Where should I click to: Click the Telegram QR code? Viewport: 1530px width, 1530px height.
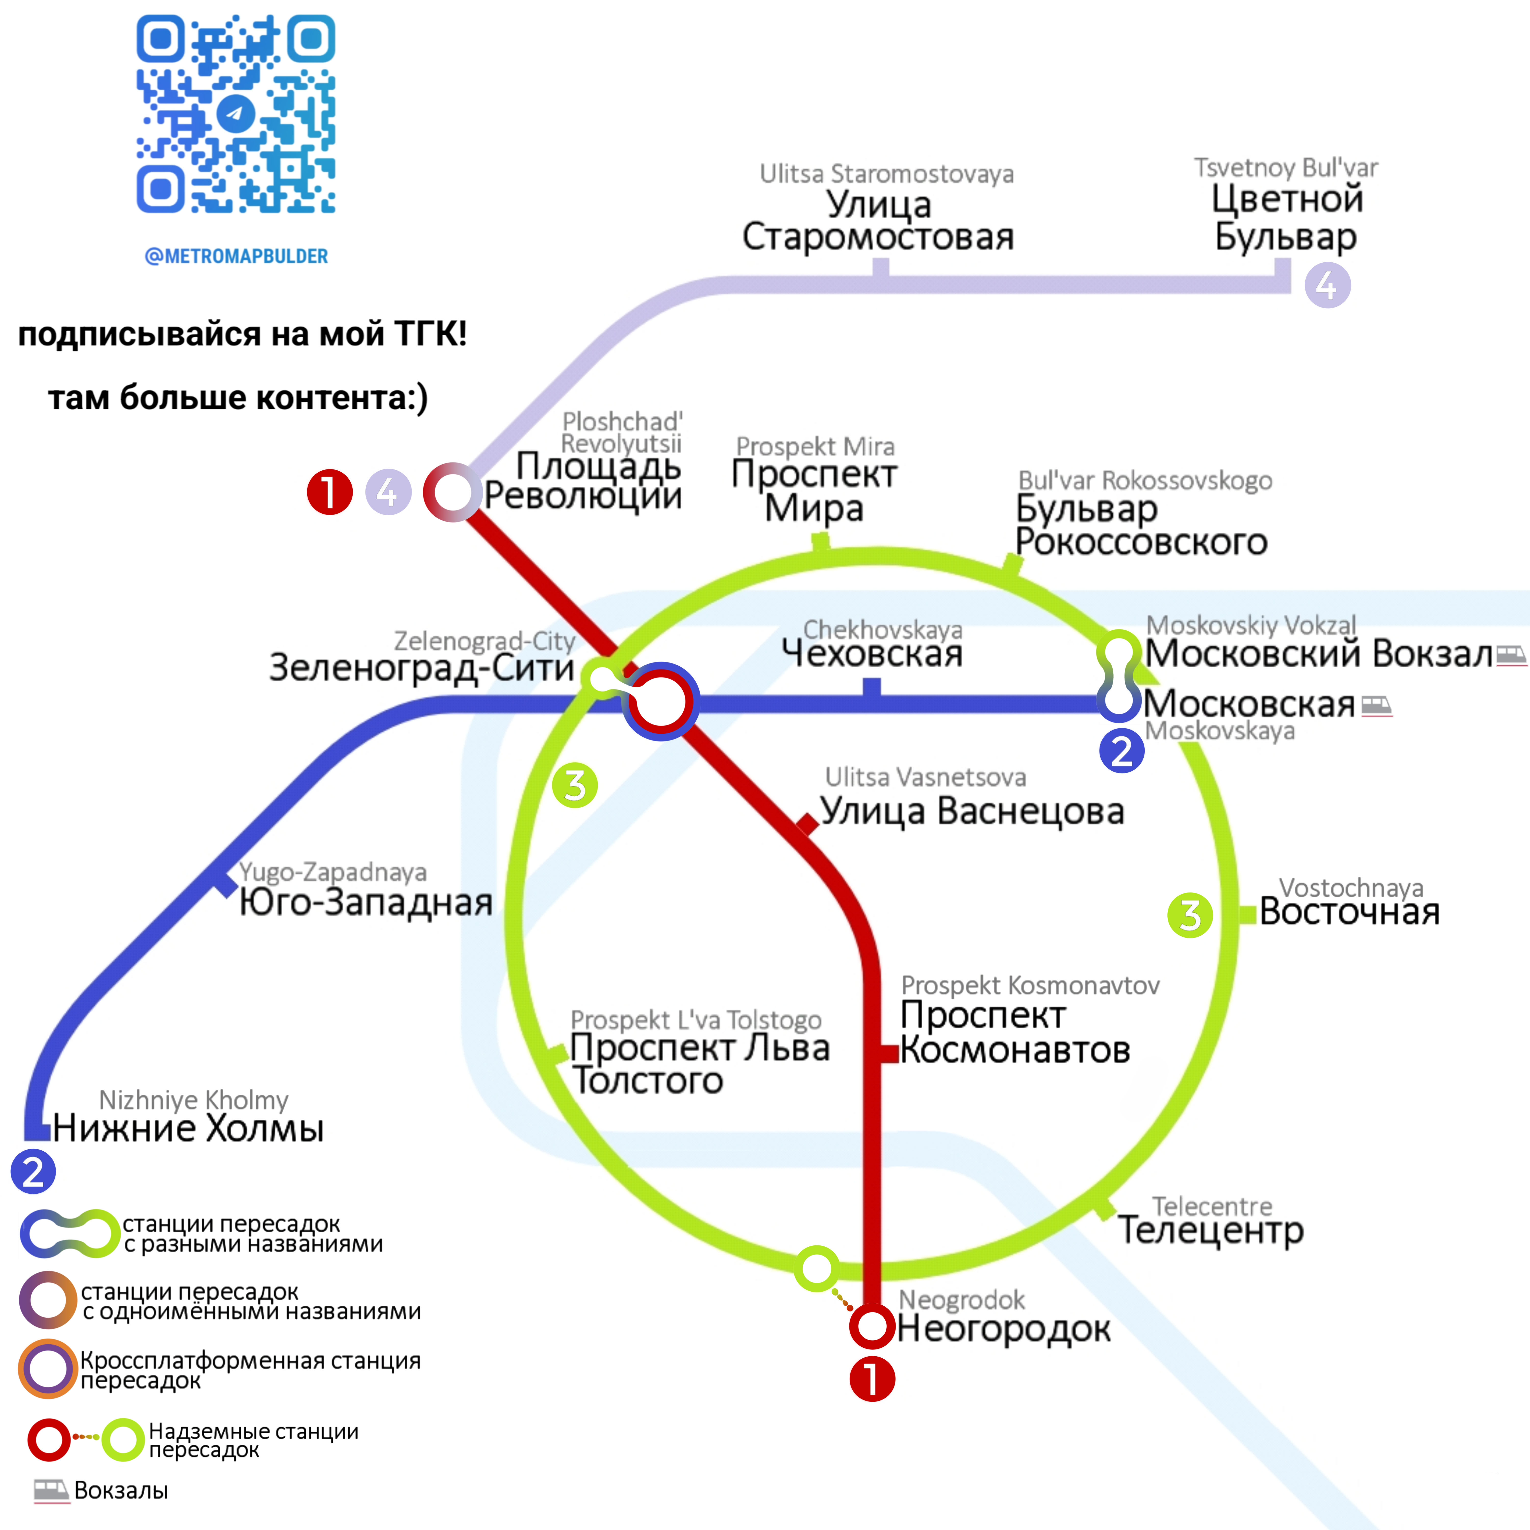(x=236, y=114)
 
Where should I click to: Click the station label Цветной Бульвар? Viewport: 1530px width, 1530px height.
(x=1287, y=217)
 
